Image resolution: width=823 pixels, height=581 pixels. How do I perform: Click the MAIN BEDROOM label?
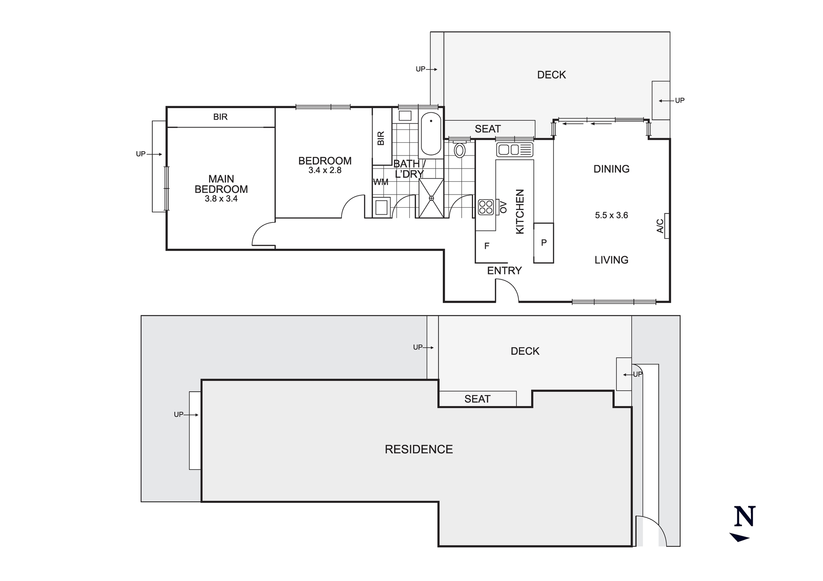pos(221,184)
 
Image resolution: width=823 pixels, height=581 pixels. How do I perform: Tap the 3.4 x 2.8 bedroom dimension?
pos(325,170)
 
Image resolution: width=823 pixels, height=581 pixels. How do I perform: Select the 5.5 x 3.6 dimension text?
pos(611,215)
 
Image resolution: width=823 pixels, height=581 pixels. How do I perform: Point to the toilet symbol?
pos(459,150)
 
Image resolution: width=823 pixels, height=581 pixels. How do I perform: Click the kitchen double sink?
pos(514,149)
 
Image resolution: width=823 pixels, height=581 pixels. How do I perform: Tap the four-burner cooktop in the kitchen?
pos(486,207)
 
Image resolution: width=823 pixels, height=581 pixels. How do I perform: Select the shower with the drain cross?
pos(431,198)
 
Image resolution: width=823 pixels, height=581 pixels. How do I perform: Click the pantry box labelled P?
pos(544,243)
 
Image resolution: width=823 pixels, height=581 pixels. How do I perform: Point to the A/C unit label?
pos(660,226)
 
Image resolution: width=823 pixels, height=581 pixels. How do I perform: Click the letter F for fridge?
pos(487,246)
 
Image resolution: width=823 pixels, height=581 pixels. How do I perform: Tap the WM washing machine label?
pos(381,182)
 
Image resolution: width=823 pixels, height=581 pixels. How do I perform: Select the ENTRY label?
pos(504,271)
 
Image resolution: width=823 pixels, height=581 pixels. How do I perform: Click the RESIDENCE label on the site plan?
pos(418,449)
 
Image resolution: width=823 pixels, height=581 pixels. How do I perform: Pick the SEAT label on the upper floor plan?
pos(488,129)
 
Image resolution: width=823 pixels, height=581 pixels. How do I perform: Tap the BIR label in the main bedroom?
pos(220,117)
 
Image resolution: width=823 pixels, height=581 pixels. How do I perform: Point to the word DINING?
pos(611,169)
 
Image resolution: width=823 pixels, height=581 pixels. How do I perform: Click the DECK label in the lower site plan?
pos(525,351)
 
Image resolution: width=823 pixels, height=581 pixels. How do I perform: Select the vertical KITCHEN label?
pos(520,211)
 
